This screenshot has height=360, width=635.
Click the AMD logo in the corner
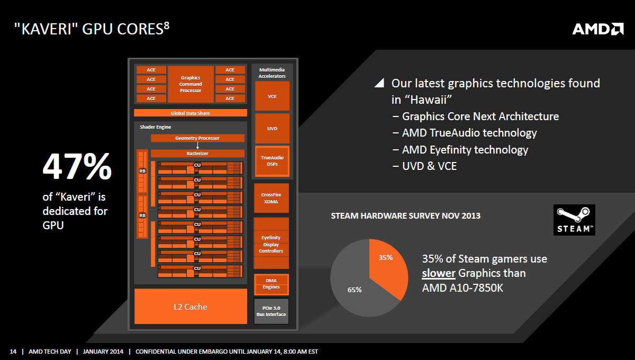pyautogui.click(x=598, y=29)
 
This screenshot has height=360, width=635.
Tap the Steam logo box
pyautogui.click(x=574, y=220)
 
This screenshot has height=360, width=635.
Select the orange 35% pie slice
pyautogui.click(x=388, y=267)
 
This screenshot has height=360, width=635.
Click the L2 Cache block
pyautogui.click(x=190, y=307)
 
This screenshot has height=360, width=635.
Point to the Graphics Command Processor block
pyautogui.click(x=190, y=84)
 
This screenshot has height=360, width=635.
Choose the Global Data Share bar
pyautogui.click(x=190, y=113)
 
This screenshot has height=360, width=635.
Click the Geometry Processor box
pyautogui.click(x=197, y=138)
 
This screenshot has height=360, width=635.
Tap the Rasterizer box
pyautogui.click(x=197, y=154)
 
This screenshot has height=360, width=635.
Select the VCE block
pyautogui.click(x=272, y=96)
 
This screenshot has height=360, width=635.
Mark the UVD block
pyautogui.click(x=272, y=129)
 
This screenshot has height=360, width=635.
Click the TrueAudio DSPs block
pyautogui.click(x=272, y=161)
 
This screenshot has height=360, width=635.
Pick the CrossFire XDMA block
pyautogui.click(x=271, y=198)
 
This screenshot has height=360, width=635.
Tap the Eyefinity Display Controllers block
pyautogui.click(x=271, y=244)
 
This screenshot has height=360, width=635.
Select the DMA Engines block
pyautogui.click(x=271, y=284)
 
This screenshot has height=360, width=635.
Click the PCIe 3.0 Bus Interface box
pyautogui.click(x=271, y=311)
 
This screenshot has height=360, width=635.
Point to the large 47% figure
pyautogui.click(x=77, y=166)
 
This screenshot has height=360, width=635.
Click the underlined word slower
pyautogui.click(x=439, y=273)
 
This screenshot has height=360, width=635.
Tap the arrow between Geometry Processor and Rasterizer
pyautogui.click(x=197, y=146)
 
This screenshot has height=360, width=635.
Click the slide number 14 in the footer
pyautogui.click(x=13, y=352)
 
